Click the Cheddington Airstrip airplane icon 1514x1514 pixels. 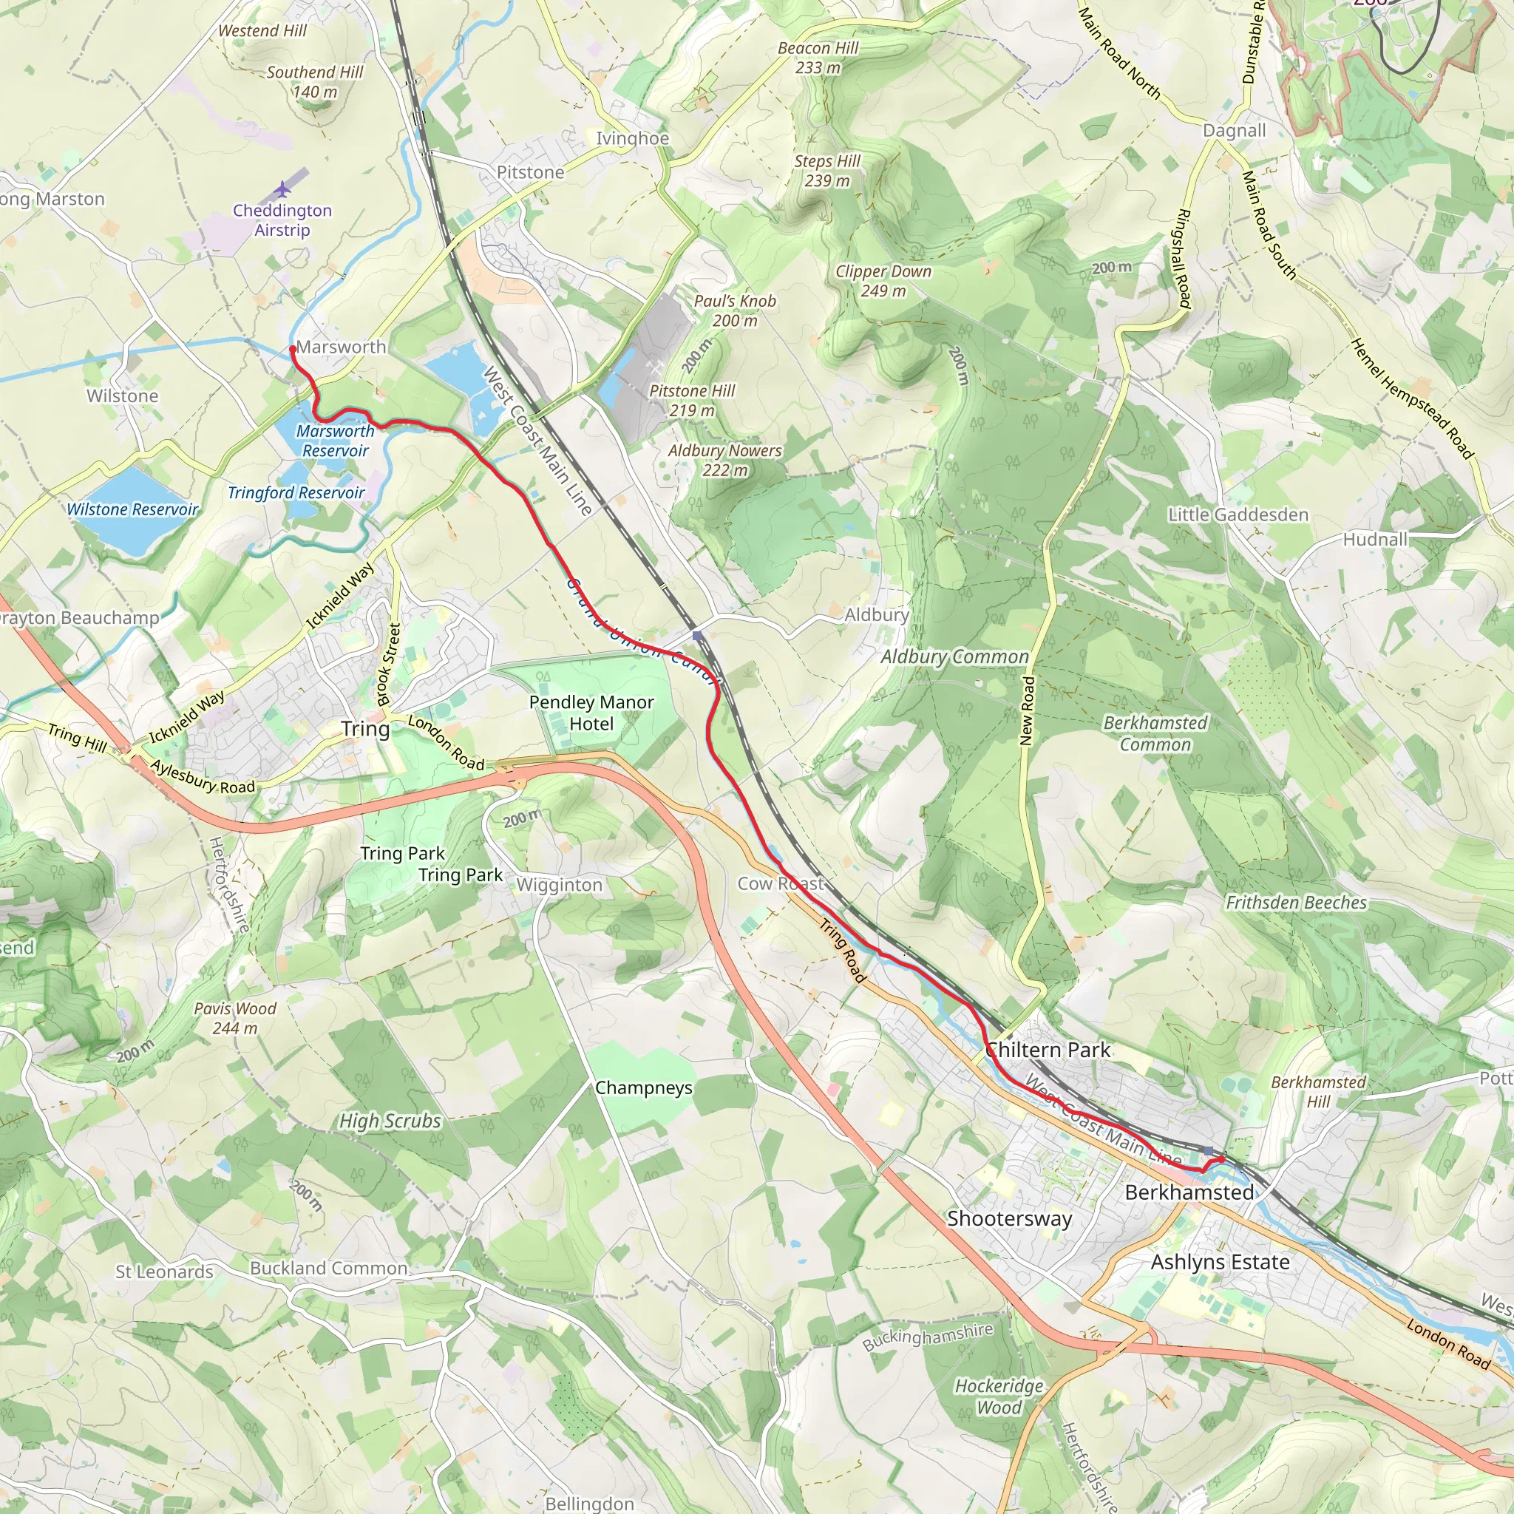click(283, 190)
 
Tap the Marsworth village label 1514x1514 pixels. click(341, 347)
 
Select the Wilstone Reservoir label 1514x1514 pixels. click(132, 509)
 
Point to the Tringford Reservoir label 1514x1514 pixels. click(296, 493)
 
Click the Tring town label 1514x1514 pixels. click(365, 729)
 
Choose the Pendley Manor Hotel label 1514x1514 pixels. click(591, 713)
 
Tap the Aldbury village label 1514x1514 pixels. click(876, 615)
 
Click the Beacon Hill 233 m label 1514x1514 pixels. click(818, 58)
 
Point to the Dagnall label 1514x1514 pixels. click(1235, 131)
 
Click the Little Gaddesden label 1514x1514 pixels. click(1238, 515)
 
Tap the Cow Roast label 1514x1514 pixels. click(781, 884)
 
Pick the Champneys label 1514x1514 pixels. click(643, 1087)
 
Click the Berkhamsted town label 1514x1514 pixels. click(1189, 1192)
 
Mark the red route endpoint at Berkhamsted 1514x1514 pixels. click(1221, 1159)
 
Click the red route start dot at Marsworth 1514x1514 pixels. click(292, 348)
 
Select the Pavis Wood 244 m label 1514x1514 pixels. click(235, 1018)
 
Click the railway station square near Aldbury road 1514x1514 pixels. click(697, 636)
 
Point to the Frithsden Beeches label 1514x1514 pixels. click(1296, 903)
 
